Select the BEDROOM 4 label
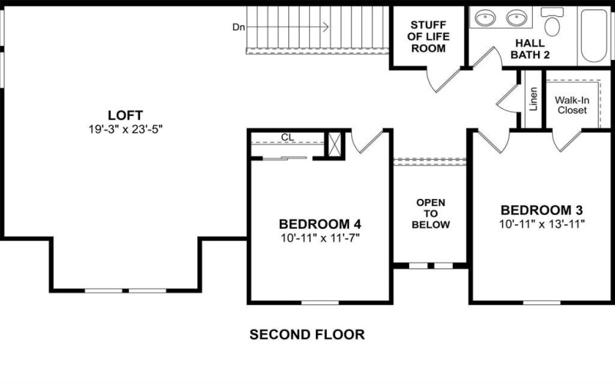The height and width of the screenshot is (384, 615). click(320, 224)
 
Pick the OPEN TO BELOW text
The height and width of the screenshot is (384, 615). click(430, 214)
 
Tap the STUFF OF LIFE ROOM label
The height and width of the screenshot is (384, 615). click(429, 35)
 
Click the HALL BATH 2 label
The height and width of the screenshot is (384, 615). click(532, 52)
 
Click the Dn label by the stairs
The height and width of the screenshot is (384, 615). click(239, 28)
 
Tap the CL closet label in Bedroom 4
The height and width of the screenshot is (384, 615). click(288, 137)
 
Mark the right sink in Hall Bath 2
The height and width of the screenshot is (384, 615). click(514, 18)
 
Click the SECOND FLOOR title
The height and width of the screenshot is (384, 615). click(307, 335)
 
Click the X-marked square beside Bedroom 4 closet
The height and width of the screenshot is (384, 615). click(334, 145)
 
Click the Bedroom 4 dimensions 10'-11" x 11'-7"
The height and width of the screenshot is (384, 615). click(320, 238)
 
